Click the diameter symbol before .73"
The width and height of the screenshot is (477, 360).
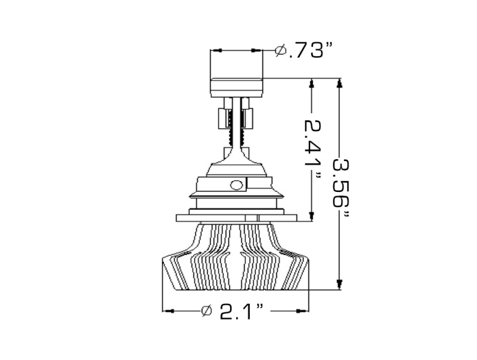[x=280, y=51]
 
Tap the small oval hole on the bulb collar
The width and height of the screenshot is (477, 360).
[x=236, y=184]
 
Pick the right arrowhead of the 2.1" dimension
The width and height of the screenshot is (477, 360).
[x=305, y=311]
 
